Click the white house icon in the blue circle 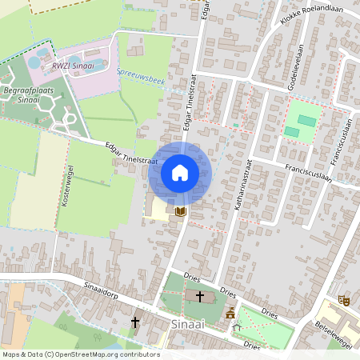point(180,172)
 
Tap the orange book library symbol point(180,211)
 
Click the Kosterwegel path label point(67,185)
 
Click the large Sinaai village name point(188,325)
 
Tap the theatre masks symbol point(344,300)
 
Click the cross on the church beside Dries point(199,296)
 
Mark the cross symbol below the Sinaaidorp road point(135,322)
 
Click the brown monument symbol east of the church point(231,311)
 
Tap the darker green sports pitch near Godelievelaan point(306,120)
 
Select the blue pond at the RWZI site point(37,62)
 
